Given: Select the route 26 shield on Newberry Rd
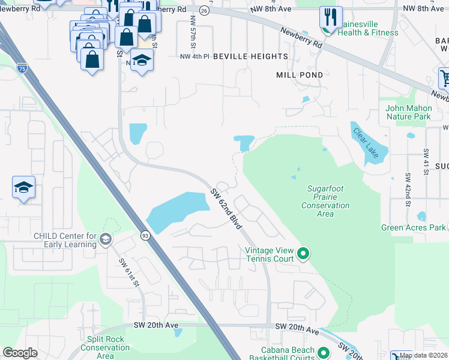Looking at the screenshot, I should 204,11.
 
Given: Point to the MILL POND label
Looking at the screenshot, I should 300,75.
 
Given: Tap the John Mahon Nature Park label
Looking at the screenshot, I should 409,112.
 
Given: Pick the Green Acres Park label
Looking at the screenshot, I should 414,227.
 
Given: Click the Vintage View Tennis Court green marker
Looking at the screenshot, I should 303,254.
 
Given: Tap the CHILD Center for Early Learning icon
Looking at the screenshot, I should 106,239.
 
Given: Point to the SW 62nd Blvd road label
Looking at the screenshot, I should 226,209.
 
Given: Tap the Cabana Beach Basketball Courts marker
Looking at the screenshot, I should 324,353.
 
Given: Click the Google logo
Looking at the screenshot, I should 20,353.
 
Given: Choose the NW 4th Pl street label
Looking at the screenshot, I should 194,56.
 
